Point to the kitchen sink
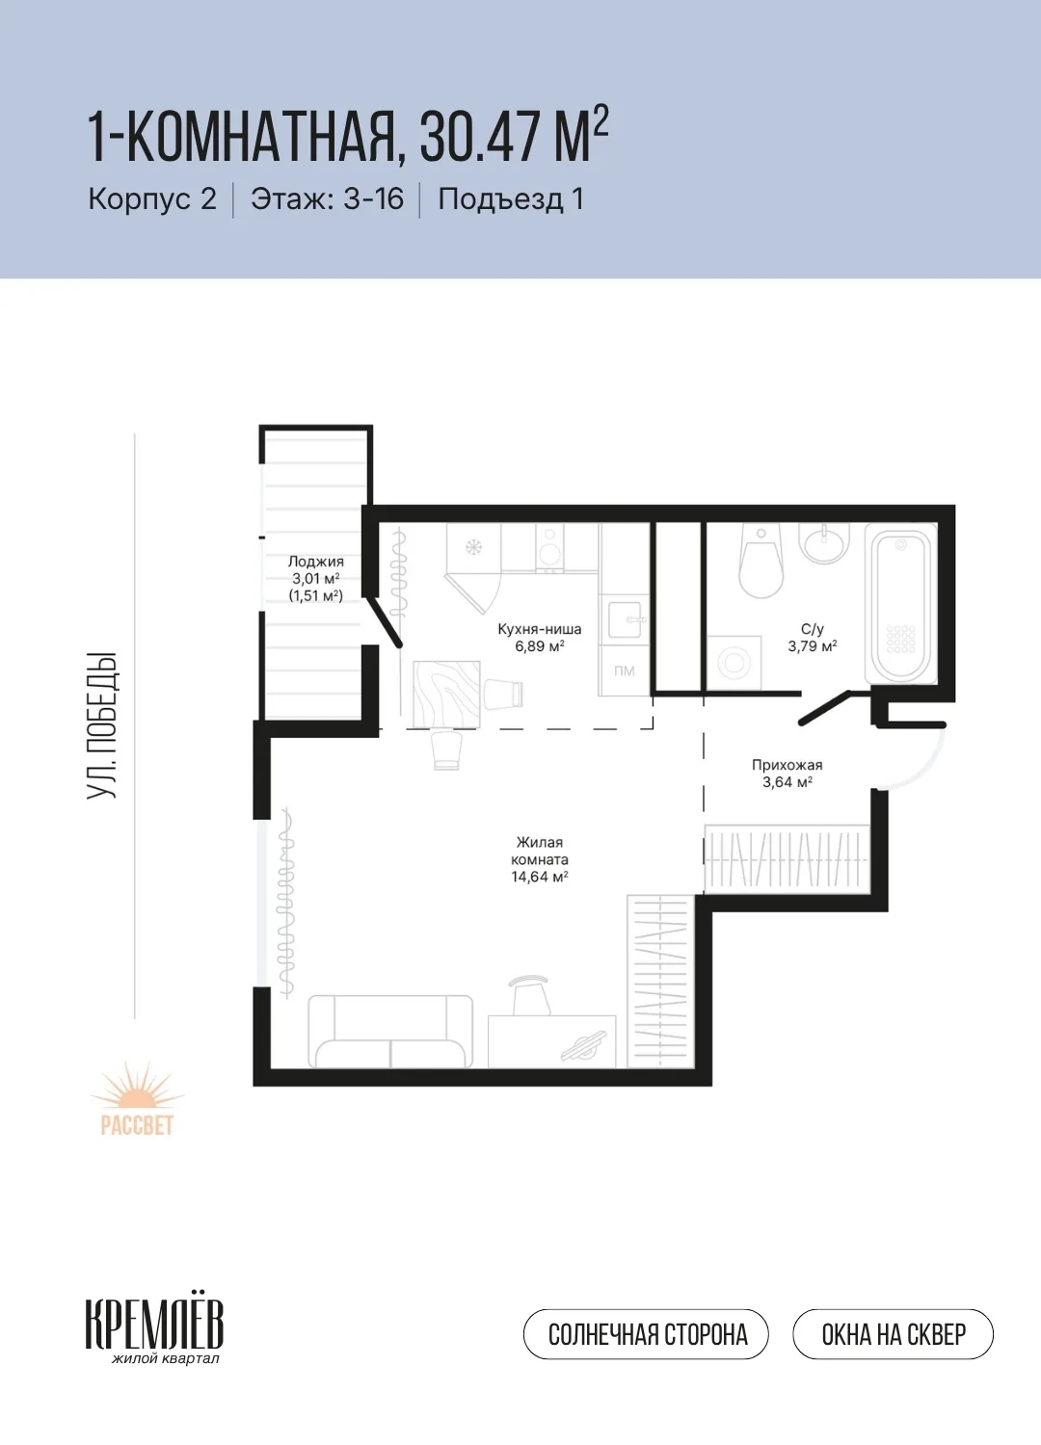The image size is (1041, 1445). [x=625, y=618]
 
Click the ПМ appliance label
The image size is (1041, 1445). [x=624, y=670]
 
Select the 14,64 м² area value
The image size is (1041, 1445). [x=540, y=877]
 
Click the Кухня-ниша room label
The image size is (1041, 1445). [x=540, y=629]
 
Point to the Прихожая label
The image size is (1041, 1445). [x=787, y=765]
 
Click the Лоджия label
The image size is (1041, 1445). [x=315, y=562]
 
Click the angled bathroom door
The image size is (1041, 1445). [x=827, y=708]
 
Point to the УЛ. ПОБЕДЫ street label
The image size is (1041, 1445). [x=102, y=725]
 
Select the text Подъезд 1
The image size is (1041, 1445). [x=511, y=198]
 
